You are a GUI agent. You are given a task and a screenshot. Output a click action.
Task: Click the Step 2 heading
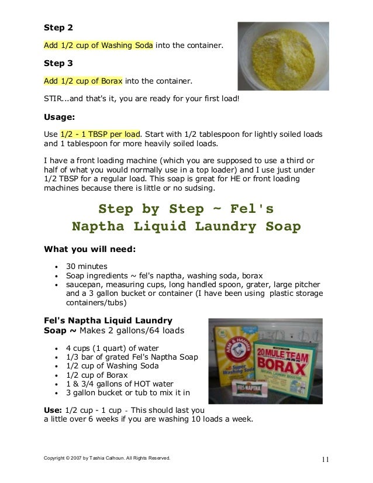click(x=58, y=27)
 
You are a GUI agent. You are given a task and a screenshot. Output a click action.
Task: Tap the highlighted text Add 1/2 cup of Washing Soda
click(x=99, y=44)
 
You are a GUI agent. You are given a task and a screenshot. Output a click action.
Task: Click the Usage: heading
click(x=60, y=116)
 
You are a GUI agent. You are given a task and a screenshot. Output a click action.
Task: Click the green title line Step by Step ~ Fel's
click(x=186, y=209)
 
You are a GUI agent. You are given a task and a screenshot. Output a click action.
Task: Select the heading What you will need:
click(x=89, y=249)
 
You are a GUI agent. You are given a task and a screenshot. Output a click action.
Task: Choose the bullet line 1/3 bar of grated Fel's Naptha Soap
click(x=132, y=357)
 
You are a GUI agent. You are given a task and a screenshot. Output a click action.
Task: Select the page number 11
click(x=325, y=458)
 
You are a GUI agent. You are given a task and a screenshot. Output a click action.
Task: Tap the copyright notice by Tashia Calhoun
click(x=108, y=458)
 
